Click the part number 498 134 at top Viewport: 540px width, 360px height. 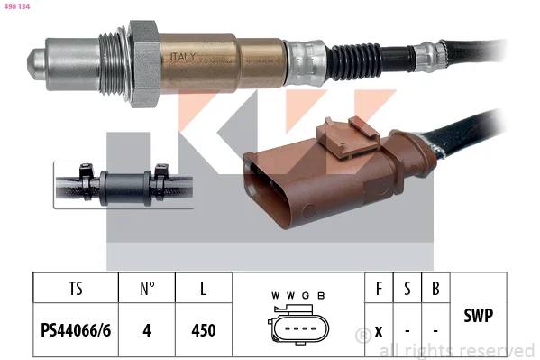[x=17, y=6]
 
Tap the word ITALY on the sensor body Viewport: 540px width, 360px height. [x=183, y=57]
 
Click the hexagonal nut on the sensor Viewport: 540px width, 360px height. [x=144, y=64]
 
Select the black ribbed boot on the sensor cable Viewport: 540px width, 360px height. [x=354, y=61]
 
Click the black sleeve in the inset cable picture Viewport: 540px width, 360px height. [x=125, y=188]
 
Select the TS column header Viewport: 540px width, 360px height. [x=76, y=289]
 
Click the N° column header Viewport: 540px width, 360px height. [x=147, y=289]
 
